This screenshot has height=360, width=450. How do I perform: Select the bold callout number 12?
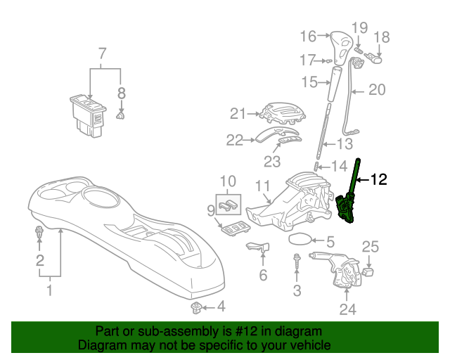pos(378,179)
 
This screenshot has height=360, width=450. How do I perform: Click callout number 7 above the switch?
pos(103,53)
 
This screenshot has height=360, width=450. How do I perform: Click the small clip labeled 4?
pos(197,307)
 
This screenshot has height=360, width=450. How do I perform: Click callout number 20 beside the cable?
pos(377,89)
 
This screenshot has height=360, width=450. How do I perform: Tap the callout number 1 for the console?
pos(50,290)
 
